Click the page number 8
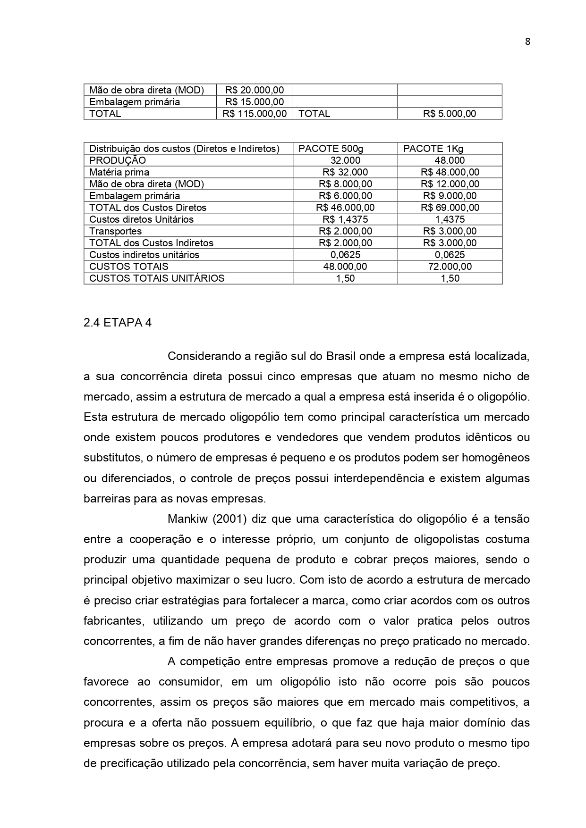[x=527, y=42]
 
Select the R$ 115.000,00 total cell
[x=255, y=114]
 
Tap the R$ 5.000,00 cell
[x=450, y=114]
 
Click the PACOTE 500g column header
[x=331, y=149]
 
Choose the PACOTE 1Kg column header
[x=433, y=149]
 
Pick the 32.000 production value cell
[x=345, y=161]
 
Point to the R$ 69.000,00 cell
[x=450, y=208]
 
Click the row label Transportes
[x=115, y=231]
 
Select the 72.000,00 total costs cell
[x=450, y=267]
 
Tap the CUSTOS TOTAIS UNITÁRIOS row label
[x=157, y=278]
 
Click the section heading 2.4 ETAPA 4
[x=118, y=323]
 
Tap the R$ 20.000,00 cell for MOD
[x=255, y=90]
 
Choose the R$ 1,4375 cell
[x=345, y=219]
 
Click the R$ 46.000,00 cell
[x=345, y=208]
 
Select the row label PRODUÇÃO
[x=118, y=161]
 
